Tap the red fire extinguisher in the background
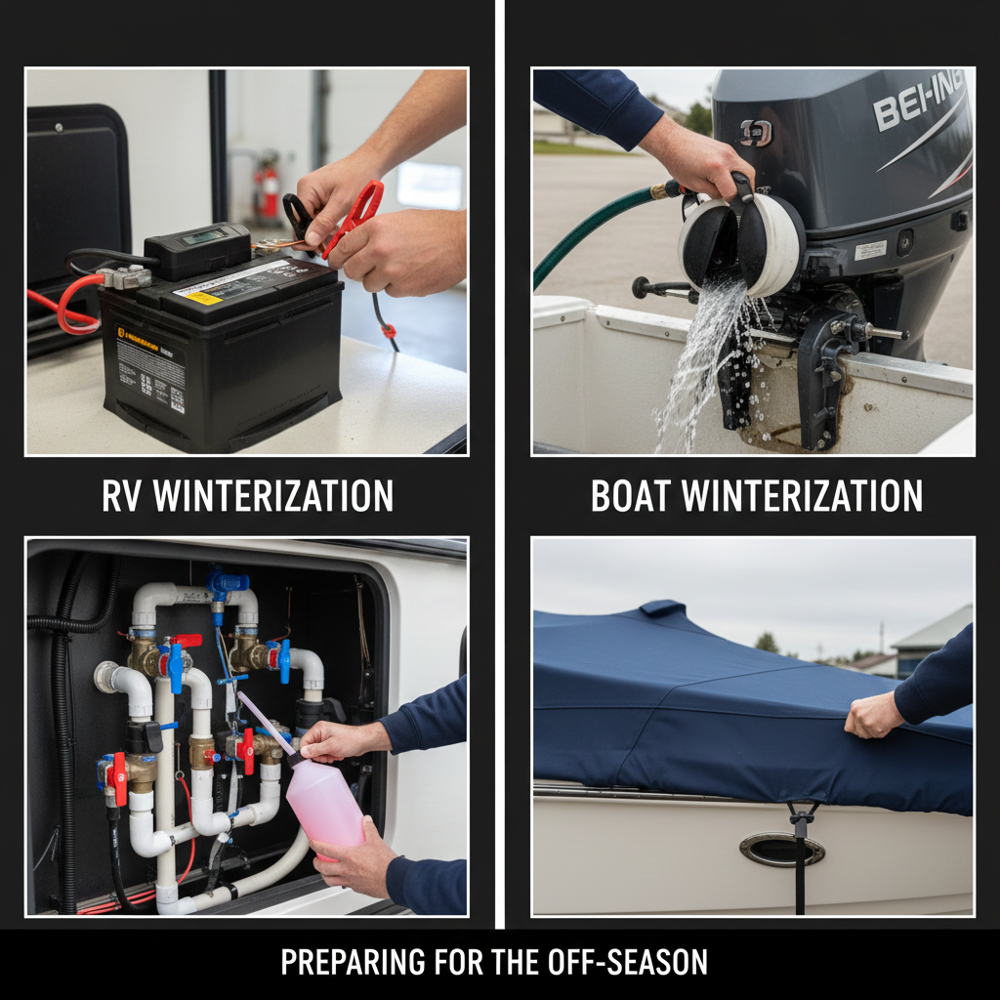pos(266,190)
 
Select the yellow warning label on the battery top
pos(204,298)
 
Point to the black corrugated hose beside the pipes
pos(65,742)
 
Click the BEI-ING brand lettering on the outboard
pos(918,103)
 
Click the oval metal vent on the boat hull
pos(781,850)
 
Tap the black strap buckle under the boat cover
pos(803,815)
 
